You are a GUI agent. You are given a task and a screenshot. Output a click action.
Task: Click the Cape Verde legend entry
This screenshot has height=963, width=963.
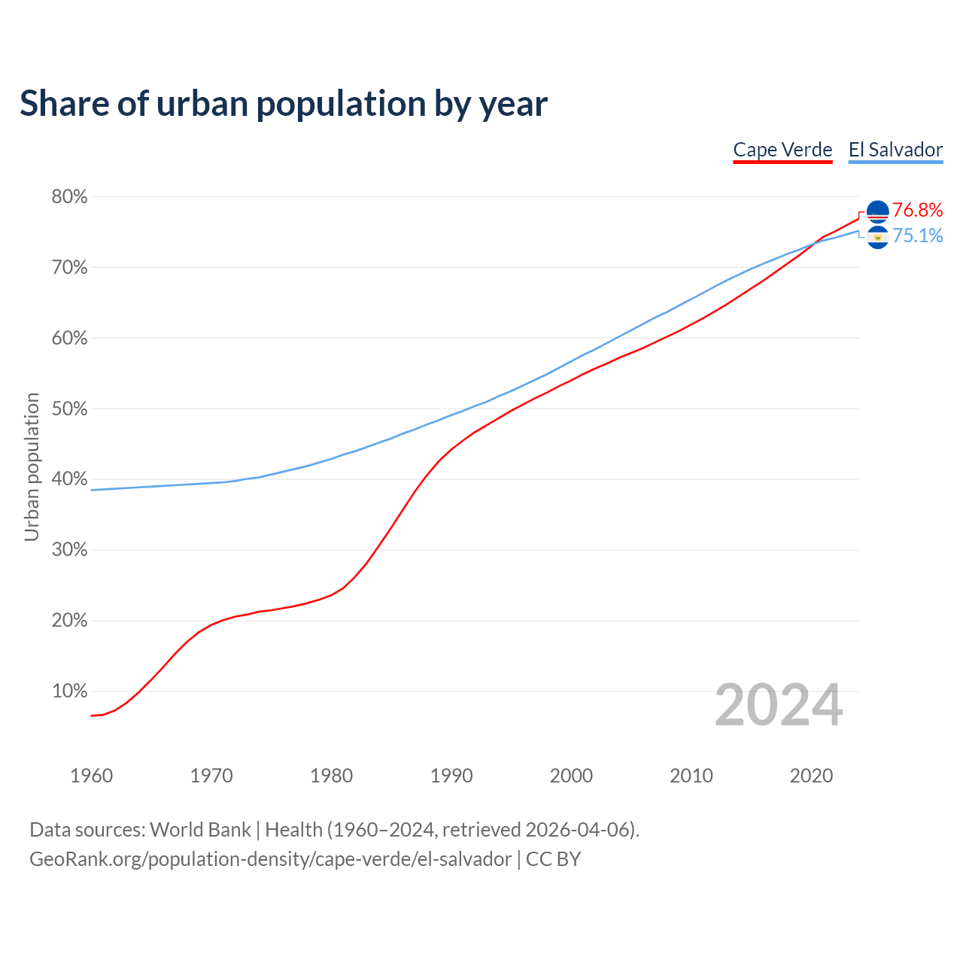pos(782,150)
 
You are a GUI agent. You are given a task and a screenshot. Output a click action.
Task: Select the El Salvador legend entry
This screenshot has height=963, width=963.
pos(895,150)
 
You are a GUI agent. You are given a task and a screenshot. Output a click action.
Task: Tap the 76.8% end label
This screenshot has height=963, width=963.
pos(917,210)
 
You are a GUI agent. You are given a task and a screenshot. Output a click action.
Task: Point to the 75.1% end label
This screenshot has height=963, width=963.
pos(917,236)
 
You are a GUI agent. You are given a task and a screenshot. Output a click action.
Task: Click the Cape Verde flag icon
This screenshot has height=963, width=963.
pos(877,211)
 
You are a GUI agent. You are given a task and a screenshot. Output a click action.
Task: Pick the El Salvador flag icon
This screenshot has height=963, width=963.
pos(877,237)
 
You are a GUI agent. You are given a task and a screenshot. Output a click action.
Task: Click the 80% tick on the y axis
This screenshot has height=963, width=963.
pos(69,197)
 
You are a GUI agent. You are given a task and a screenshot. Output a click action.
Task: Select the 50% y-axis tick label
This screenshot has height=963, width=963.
pos(69,409)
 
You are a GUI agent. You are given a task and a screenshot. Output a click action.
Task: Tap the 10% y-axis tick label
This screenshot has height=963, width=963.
pos(69,691)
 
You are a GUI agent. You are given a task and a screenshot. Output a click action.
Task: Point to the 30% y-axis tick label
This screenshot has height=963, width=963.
pos(69,550)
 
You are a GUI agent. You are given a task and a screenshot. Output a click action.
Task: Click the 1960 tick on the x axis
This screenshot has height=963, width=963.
pos(91,776)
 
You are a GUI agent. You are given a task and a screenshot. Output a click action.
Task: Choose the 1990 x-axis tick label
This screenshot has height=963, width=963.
pos(451,776)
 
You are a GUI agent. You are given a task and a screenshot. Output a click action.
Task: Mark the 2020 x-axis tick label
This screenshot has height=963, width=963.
pos(811,776)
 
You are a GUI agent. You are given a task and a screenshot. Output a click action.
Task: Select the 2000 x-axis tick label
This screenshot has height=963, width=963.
pos(571,776)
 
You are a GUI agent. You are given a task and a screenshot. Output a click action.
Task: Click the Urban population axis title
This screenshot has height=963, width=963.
pos(32,466)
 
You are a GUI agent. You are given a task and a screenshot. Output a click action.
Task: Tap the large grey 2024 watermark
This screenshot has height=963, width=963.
pos(779,705)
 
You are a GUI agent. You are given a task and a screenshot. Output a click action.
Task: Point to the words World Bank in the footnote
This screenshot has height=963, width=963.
pos(200,830)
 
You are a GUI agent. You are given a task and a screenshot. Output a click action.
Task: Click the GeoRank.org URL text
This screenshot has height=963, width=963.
pos(270,859)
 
